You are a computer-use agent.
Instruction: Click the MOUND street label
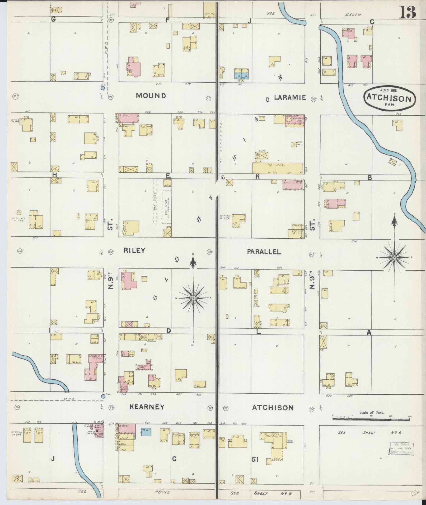pos(151,96)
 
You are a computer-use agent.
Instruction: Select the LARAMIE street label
pos(290,98)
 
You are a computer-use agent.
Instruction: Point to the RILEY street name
pos(134,251)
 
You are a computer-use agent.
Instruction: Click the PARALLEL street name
pos(264,252)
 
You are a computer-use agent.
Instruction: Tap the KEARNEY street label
pos(147,407)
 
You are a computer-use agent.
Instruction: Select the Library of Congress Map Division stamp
pos(401,449)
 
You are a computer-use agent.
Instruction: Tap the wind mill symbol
pos(294,144)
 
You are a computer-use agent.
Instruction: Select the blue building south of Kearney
pos(146,432)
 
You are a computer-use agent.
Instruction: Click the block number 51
pos(255,460)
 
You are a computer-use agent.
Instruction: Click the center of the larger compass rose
pos(193,298)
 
